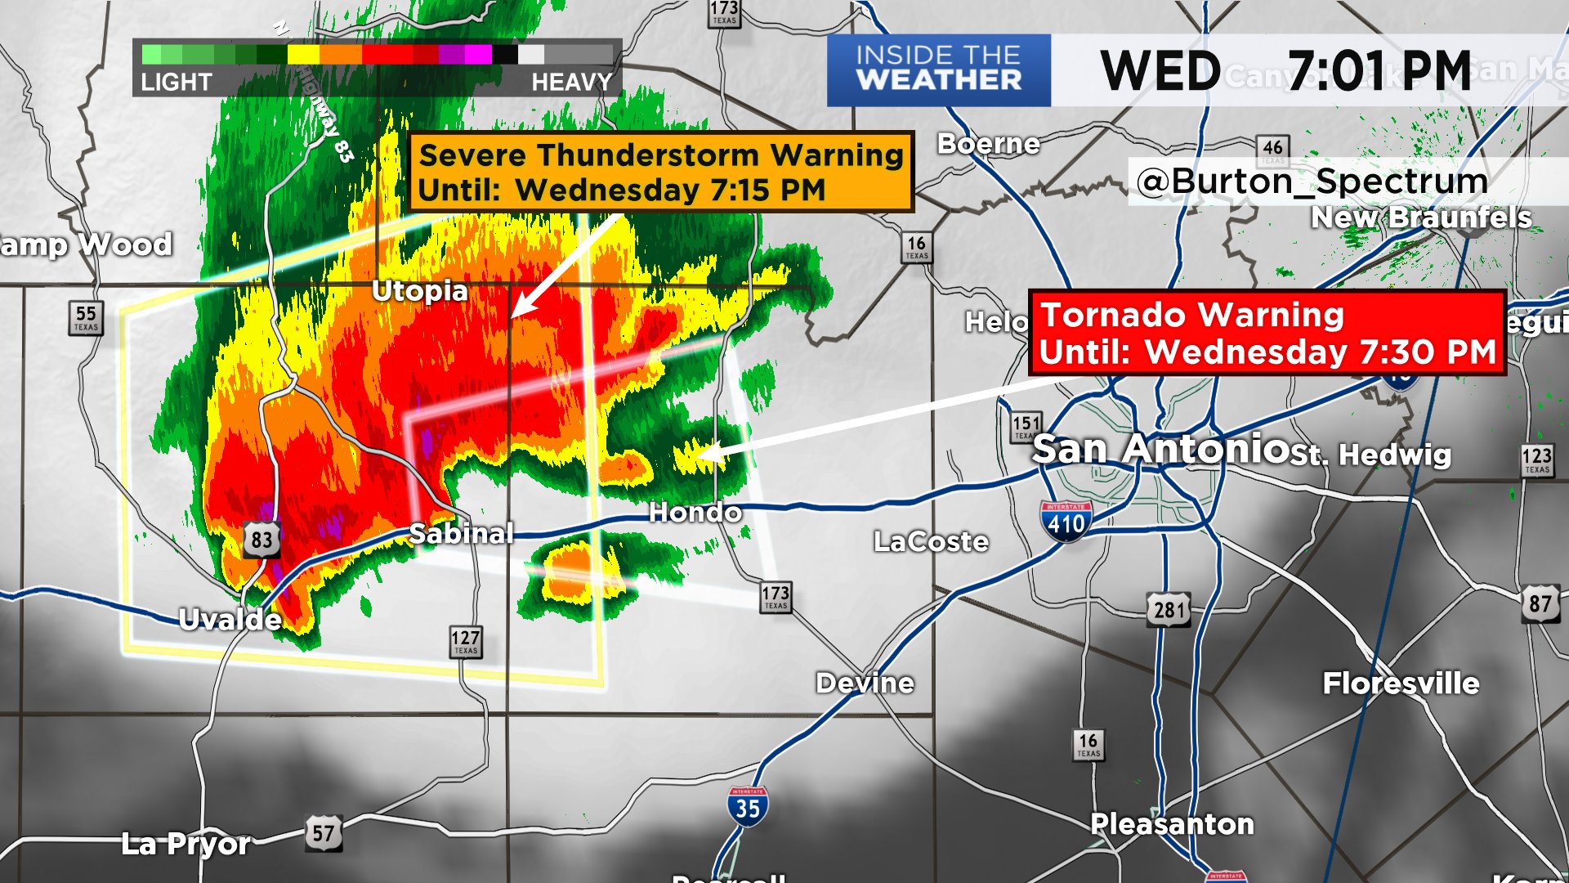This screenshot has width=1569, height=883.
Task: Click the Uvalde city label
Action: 230,620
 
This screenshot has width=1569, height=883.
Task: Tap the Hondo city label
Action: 695,513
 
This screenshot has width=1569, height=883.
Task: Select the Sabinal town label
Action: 462,533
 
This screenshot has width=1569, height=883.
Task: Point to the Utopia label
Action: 420,290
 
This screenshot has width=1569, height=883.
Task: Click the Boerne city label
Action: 989,144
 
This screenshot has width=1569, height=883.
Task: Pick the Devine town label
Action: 865,683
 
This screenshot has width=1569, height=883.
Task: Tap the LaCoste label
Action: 932,541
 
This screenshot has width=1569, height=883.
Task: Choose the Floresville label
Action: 1401,683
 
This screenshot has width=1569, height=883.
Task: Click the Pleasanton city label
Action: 1172,823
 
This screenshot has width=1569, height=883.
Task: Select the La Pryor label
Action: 186,843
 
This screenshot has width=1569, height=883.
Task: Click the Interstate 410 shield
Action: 1066,522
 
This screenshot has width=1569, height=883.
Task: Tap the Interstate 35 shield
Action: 747,807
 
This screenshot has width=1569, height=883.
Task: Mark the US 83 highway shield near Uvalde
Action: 261,540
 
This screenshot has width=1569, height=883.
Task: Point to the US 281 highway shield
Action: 1169,610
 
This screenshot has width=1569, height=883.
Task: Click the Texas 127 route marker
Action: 466,642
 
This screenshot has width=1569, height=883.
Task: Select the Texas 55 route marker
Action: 86,317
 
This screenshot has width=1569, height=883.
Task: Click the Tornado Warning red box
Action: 1267,334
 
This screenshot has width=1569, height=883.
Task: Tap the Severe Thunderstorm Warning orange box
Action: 660,173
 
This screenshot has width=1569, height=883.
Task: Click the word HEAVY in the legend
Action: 571,82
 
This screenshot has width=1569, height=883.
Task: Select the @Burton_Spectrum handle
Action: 1312,182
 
